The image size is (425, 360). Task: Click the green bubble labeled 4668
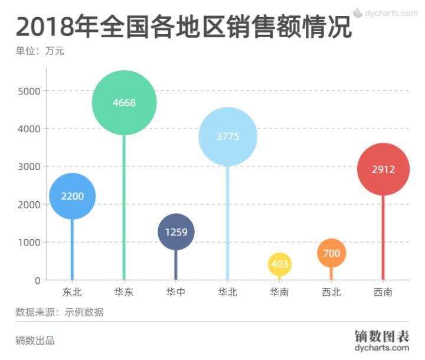click(x=124, y=103)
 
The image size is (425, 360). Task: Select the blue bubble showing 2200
click(x=72, y=196)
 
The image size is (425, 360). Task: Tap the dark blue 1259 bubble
click(x=176, y=232)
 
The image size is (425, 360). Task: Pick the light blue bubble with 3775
click(x=228, y=136)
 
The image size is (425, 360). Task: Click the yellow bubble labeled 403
click(x=279, y=264)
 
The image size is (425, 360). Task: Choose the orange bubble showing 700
click(x=331, y=253)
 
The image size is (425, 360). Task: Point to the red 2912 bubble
click(x=383, y=169)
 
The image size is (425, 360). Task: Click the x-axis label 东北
click(x=72, y=292)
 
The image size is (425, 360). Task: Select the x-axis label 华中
click(x=176, y=292)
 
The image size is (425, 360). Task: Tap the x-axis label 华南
click(x=279, y=292)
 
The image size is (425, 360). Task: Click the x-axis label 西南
click(x=383, y=292)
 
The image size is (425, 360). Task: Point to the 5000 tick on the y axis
click(x=29, y=91)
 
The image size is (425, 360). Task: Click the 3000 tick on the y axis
click(x=29, y=166)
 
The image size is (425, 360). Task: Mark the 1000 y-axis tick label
click(x=29, y=243)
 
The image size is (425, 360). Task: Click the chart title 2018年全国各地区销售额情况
click(x=184, y=27)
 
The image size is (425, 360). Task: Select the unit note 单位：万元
click(x=40, y=51)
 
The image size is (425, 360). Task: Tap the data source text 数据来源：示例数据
click(x=59, y=312)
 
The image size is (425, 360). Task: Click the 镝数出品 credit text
click(x=35, y=341)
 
